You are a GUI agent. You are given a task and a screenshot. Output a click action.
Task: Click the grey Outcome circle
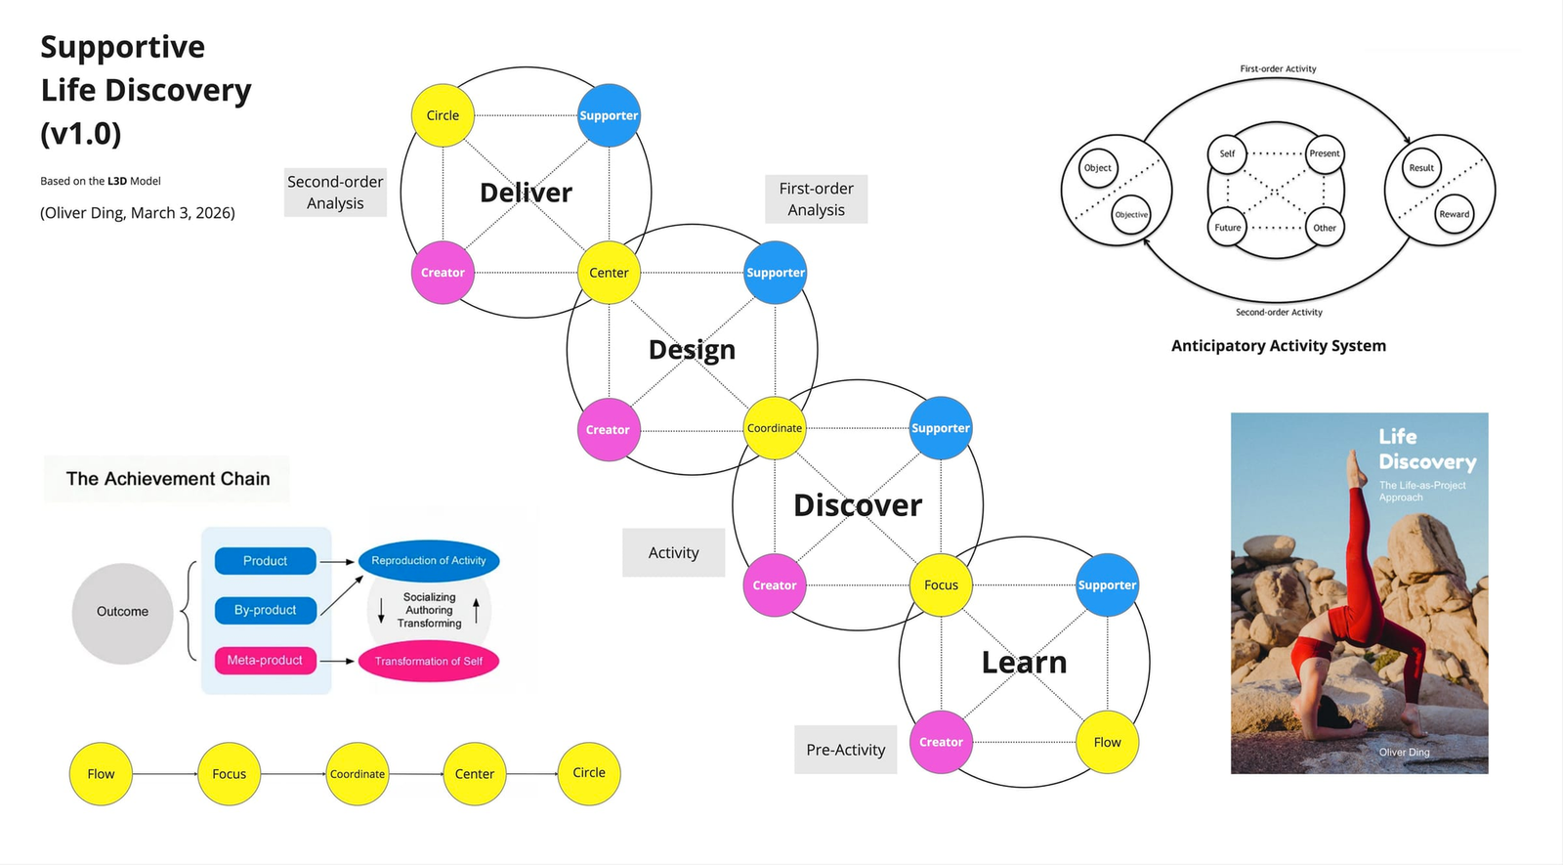point(122,613)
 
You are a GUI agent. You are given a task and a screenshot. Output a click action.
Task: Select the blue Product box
point(265,561)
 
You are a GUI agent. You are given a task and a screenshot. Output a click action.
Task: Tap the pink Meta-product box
point(265,661)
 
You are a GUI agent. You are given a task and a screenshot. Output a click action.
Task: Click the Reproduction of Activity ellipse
point(429,561)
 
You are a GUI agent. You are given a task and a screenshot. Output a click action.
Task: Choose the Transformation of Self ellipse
point(429,662)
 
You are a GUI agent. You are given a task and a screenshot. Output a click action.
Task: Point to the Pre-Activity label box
point(845,750)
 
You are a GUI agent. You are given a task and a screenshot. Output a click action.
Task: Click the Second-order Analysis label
point(335,193)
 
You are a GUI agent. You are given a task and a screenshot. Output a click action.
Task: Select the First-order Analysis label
point(816,199)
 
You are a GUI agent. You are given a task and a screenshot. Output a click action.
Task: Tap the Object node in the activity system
point(1097,168)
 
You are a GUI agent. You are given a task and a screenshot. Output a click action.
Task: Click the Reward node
point(1454,214)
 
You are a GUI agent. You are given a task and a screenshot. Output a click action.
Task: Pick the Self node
point(1227,153)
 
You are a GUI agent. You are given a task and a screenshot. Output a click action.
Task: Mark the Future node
point(1227,228)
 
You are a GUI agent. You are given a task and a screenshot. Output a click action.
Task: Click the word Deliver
point(526,193)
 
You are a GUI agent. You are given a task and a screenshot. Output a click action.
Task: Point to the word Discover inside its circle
point(857,505)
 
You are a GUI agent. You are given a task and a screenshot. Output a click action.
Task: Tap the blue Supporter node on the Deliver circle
point(609,115)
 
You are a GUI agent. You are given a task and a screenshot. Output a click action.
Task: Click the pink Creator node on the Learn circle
point(941,742)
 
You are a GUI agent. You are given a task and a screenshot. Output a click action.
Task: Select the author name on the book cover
point(1404,753)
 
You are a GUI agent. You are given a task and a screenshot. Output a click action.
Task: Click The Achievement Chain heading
point(168,479)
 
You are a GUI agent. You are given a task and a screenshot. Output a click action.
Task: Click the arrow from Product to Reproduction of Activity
point(337,562)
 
